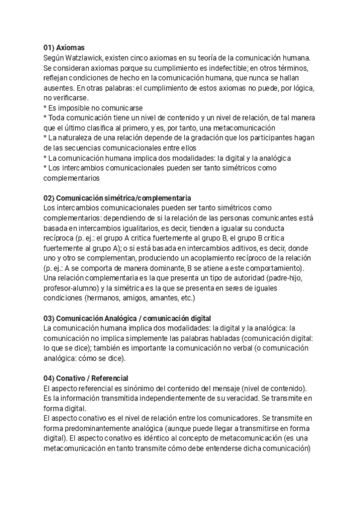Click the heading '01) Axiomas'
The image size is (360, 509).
pos(64,47)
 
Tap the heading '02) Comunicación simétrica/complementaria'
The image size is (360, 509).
pos(118,197)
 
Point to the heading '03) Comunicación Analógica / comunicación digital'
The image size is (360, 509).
pos(127,318)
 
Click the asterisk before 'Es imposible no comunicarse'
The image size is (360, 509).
pos(45,109)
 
